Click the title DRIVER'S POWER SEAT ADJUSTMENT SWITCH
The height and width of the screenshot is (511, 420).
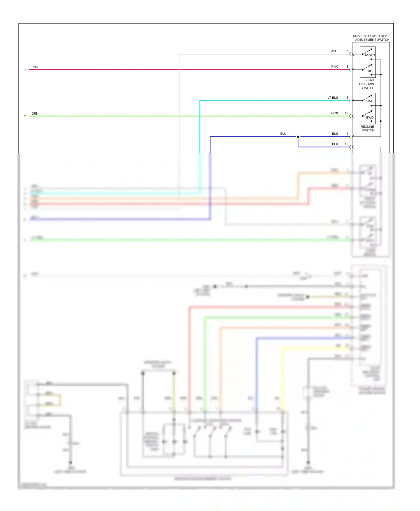(371, 38)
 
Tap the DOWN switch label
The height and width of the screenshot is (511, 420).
(370, 55)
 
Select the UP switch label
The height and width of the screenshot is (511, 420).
(370, 71)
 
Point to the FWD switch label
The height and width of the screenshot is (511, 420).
(370, 101)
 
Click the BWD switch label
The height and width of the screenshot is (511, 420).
(370, 117)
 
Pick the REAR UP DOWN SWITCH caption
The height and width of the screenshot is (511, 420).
(367, 84)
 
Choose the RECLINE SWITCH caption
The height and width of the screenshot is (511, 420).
(368, 129)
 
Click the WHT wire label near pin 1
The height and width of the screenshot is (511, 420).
(334, 51)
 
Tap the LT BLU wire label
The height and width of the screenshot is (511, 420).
(333, 98)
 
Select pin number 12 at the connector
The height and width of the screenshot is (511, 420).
(346, 113)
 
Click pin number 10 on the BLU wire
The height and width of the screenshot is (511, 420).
(346, 144)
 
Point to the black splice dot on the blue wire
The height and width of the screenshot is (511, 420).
(298, 137)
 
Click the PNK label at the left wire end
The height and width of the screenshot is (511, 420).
(35, 67)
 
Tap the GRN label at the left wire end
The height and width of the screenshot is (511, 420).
(35, 113)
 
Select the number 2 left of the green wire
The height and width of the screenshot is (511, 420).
(25, 116)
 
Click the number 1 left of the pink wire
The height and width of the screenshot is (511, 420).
(25, 70)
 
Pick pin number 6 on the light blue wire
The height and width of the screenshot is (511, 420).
(347, 98)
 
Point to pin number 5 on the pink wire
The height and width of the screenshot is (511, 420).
(347, 67)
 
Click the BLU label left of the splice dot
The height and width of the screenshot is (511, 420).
(283, 134)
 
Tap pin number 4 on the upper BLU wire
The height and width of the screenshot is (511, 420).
(347, 134)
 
